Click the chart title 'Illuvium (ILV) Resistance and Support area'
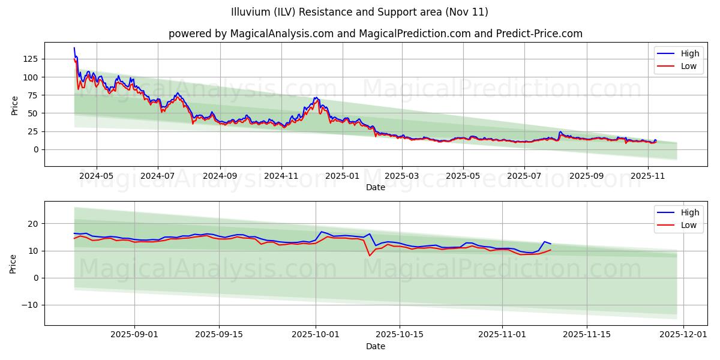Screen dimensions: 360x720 click(359, 12)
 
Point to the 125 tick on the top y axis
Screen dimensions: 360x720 click(30, 59)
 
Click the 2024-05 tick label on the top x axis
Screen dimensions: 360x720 click(96, 176)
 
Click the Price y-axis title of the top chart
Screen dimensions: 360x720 click(15, 106)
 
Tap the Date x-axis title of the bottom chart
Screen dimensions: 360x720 click(375, 346)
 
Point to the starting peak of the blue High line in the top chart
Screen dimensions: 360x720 click(74, 48)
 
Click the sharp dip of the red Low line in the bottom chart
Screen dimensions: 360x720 click(370, 256)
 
